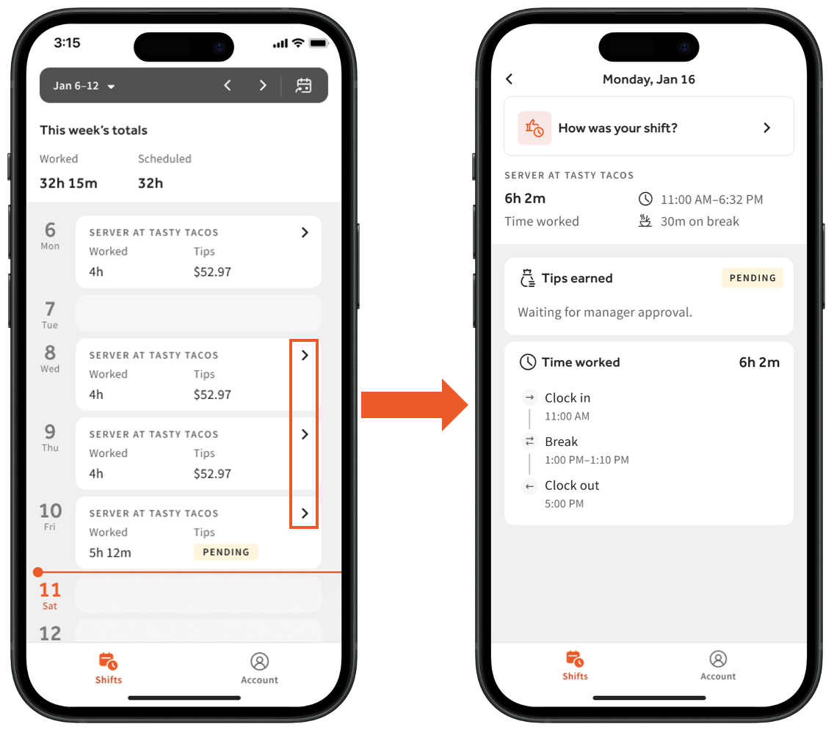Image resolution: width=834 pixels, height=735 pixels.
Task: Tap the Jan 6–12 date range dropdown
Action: click(x=84, y=86)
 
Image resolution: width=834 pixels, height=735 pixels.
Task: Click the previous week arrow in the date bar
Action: click(x=227, y=85)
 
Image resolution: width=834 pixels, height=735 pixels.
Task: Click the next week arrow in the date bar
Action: click(x=263, y=85)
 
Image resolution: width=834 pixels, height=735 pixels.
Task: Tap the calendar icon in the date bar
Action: click(x=304, y=85)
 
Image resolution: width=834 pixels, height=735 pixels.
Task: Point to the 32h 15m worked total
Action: click(x=68, y=183)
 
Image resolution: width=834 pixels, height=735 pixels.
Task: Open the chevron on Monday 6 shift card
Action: click(x=305, y=233)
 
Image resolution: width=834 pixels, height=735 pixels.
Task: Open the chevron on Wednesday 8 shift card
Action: click(x=305, y=355)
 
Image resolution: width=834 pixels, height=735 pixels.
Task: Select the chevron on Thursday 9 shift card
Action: click(x=305, y=434)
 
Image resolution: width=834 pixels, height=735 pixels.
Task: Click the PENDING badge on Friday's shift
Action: click(x=226, y=552)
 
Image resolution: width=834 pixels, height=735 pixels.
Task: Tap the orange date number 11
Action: click(x=50, y=589)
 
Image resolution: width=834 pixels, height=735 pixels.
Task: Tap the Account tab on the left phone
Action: click(x=260, y=668)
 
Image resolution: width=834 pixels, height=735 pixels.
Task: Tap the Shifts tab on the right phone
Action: click(x=575, y=665)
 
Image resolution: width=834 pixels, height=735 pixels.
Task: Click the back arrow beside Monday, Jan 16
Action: click(x=509, y=79)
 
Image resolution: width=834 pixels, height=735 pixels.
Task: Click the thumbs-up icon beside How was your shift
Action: click(x=534, y=128)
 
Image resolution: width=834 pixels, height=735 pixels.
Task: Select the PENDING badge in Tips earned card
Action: click(x=753, y=278)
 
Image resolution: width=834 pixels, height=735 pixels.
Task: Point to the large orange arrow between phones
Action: click(x=414, y=405)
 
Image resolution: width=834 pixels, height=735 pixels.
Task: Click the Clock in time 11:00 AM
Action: click(x=567, y=416)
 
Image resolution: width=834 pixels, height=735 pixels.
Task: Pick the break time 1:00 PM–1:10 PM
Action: click(x=587, y=460)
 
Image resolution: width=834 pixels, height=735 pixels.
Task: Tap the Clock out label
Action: click(x=572, y=485)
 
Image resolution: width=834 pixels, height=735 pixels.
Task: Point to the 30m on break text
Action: click(x=700, y=222)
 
